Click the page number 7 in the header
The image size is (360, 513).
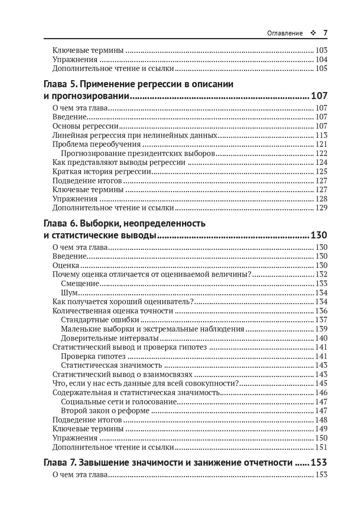[x=325, y=33]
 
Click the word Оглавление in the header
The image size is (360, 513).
[x=285, y=33]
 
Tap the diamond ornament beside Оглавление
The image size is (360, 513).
[x=313, y=33]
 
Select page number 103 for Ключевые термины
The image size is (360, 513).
[x=321, y=50]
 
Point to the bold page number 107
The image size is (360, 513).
[x=319, y=96]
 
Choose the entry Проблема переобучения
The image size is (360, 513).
[x=96, y=144]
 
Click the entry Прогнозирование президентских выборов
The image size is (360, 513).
[x=138, y=153]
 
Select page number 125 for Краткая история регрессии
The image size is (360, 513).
[x=321, y=171]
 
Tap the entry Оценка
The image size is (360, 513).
[x=66, y=265]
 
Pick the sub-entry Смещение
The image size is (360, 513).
[x=80, y=283]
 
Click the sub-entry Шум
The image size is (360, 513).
[x=69, y=293]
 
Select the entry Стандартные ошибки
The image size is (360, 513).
[x=100, y=320]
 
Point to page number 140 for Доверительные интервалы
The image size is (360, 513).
[x=321, y=338]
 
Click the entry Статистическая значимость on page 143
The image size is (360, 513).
[x=111, y=365]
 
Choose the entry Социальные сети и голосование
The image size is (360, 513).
[x=119, y=402]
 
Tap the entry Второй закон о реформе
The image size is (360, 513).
[x=105, y=411]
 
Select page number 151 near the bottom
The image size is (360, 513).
[x=321, y=447]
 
